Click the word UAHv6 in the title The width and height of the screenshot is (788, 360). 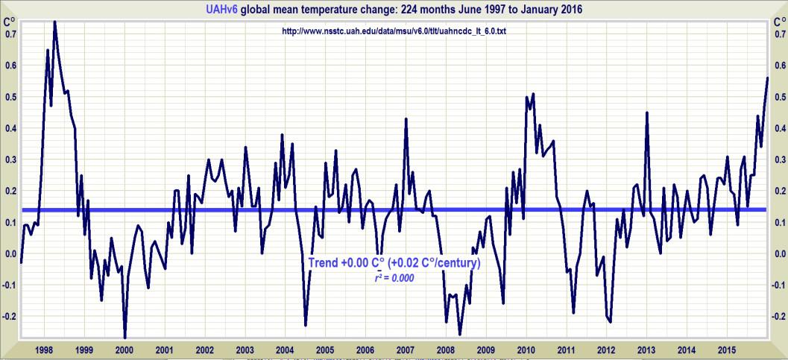222,10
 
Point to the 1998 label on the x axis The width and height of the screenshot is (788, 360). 43,350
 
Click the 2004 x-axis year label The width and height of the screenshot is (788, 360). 284,350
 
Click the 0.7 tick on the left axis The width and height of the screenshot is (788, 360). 10,34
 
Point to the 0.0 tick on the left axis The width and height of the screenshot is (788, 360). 10,253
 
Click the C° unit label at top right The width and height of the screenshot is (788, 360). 777,22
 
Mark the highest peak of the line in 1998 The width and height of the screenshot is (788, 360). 55,22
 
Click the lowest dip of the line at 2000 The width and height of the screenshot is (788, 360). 124,337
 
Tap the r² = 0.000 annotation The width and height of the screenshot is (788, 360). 394,277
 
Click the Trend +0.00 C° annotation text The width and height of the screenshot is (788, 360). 350,263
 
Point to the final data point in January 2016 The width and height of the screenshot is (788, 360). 767,78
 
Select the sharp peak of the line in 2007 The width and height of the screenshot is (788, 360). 406,119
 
